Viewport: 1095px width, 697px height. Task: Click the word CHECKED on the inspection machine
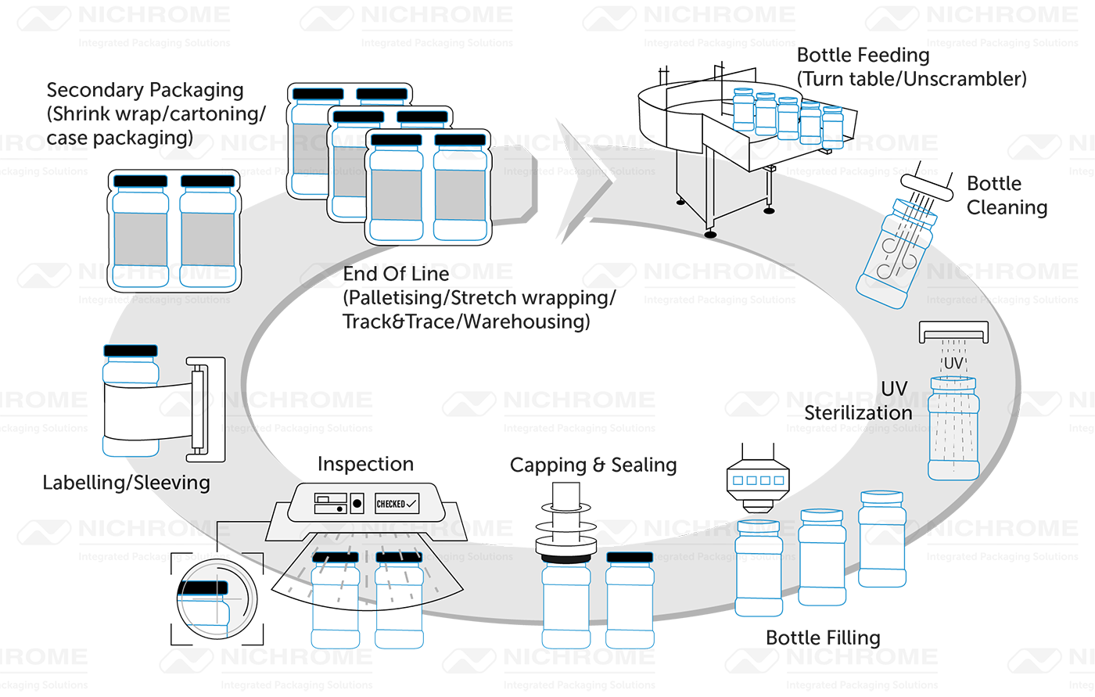click(x=391, y=504)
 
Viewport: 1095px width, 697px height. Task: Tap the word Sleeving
click(x=174, y=483)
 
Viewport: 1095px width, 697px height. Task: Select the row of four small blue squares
click(x=757, y=480)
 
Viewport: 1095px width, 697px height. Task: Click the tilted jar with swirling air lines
click(x=891, y=250)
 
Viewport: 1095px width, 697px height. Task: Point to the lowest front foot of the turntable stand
click(x=709, y=232)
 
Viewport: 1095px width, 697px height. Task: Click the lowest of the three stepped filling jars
click(x=759, y=566)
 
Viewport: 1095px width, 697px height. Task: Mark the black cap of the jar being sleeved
click(x=131, y=351)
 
